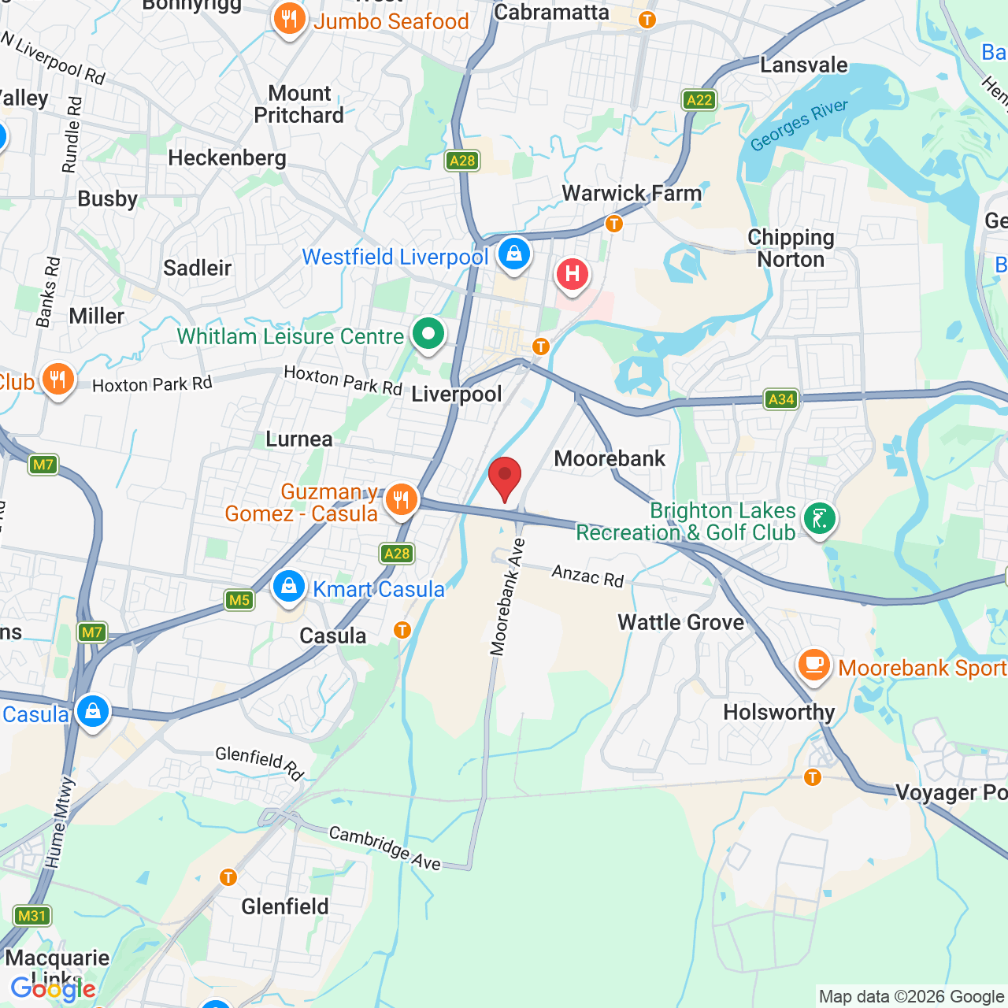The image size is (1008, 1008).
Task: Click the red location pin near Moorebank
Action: tap(505, 477)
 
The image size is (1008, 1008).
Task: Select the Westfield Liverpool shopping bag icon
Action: tap(513, 254)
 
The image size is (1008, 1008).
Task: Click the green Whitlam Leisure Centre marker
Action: tap(428, 334)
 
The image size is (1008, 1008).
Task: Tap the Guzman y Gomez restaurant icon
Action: tap(402, 499)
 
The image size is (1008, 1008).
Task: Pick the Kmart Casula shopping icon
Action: tap(289, 587)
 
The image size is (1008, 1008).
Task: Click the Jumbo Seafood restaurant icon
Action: tap(289, 19)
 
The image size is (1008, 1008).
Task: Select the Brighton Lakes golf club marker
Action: tap(819, 519)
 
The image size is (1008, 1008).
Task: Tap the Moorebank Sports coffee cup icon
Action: tap(814, 665)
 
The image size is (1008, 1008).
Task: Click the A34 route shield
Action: tap(781, 399)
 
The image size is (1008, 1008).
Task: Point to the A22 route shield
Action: tap(699, 100)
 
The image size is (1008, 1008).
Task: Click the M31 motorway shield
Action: tap(32, 915)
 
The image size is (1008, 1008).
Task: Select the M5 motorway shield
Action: tap(239, 600)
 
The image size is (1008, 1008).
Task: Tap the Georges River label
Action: tap(799, 125)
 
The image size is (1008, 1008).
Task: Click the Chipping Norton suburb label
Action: tap(791, 249)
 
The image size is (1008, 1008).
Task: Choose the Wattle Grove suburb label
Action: tap(680, 623)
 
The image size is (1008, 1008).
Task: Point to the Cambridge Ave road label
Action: tap(385, 848)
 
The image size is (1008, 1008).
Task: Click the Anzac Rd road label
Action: tap(587, 576)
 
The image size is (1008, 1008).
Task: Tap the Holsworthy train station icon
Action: tap(813, 778)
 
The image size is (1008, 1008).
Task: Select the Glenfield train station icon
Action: tap(228, 877)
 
